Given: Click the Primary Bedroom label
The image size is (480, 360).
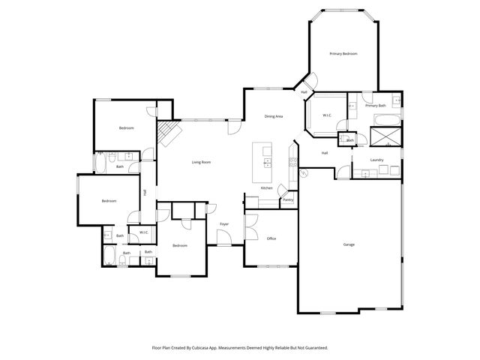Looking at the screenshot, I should pos(343,54).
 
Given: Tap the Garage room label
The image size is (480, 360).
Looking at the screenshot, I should pos(349,245).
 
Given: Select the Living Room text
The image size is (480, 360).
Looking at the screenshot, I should pos(200,162).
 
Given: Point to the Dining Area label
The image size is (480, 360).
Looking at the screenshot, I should pos(273,116).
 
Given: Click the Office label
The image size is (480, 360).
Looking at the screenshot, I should pos(271,238).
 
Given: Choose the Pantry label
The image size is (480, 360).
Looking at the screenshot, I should pos(287,200).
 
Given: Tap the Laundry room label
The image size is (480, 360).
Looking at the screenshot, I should pos(377,160).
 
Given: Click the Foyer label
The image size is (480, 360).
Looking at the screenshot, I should pos(223,224).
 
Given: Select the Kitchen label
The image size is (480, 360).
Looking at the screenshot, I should pos(266,187).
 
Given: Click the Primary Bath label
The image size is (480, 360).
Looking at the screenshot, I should pos(376,106).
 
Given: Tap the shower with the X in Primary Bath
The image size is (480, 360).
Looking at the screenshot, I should pos(385,136).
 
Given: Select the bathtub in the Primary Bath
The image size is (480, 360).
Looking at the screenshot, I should pos(386,120).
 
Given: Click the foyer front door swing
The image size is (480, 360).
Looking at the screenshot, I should pos(223,238).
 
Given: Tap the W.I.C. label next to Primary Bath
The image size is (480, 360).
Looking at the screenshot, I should pos(327,115).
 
